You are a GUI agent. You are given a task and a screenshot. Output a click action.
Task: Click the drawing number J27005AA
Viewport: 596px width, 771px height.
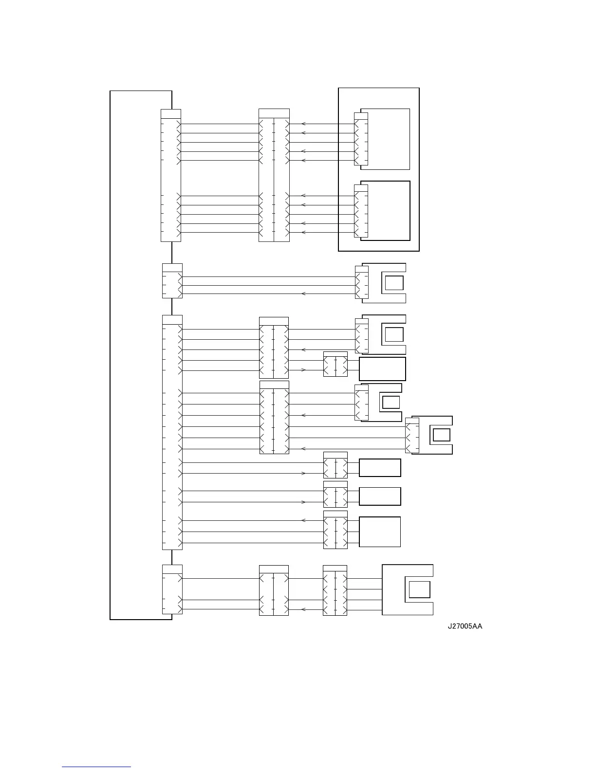click(x=465, y=626)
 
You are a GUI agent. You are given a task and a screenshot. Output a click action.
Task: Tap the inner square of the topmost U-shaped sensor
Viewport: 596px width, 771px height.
click(x=394, y=283)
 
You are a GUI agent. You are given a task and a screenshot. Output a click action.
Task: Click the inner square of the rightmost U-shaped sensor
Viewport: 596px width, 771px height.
click(x=441, y=435)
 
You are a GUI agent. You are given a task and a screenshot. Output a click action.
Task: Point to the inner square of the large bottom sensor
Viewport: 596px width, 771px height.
click(x=419, y=589)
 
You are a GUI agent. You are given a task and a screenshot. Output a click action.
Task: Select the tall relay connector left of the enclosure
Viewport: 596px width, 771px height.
click(x=274, y=175)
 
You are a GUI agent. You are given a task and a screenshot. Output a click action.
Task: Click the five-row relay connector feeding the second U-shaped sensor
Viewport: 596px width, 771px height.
click(x=274, y=348)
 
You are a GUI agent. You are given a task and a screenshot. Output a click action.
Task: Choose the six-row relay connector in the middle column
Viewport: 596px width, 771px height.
click(x=274, y=417)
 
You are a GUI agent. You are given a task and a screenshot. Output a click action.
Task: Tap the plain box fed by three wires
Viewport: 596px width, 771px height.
click(x=380, y=532)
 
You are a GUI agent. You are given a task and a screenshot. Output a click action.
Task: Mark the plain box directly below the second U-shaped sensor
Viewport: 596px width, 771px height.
click(x=382, y=369)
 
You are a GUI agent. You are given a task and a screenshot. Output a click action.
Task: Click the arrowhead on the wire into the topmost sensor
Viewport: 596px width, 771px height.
click(x=303, y=294)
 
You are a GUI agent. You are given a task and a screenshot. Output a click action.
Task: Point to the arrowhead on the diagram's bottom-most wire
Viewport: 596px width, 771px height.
click(x=303, y=609)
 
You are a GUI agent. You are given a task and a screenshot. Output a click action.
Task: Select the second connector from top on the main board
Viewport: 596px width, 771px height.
click(x=172, y=281)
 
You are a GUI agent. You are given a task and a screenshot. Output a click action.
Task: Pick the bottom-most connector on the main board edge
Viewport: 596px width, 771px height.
click(x=172, y=589)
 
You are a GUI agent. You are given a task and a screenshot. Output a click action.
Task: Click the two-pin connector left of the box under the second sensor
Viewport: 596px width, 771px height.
click(x=335, y=364)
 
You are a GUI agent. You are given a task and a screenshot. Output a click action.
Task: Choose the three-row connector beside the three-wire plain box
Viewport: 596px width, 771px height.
click(x=335, y=530)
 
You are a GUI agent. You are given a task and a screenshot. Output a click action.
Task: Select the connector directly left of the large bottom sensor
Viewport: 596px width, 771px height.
click(x=335, y=590)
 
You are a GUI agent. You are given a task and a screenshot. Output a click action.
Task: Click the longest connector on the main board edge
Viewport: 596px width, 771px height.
click(x=172, y=432)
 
